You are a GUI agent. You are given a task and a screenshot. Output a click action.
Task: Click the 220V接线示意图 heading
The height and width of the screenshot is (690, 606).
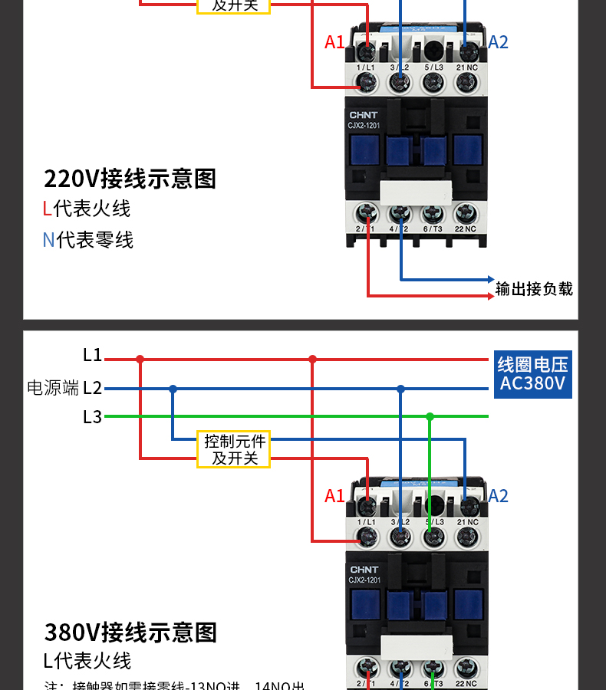click(130, 179)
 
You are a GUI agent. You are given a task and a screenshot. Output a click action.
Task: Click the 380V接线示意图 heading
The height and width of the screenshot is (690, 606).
click(130, 632)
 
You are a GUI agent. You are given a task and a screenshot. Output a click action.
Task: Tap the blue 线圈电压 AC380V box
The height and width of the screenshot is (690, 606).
click(532, 374)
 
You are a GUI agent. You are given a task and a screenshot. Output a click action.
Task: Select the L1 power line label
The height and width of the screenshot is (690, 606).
click(92, 355)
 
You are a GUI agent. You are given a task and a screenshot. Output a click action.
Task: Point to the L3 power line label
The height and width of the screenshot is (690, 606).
click(92, 417)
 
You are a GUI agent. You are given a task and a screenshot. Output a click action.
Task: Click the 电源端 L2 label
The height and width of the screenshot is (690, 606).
click(64, 388)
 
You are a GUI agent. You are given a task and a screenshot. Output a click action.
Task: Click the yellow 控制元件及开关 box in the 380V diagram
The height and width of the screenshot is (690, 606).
click(235, 450)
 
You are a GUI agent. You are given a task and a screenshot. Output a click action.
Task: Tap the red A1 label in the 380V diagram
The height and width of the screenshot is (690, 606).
click(334, 496)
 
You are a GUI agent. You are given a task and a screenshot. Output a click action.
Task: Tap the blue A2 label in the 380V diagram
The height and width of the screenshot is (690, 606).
click(498, 496)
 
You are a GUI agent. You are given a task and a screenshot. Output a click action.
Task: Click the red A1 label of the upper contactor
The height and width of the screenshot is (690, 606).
click(334, 42)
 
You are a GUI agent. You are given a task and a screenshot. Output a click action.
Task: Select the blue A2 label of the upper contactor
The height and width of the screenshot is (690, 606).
click(498, 42)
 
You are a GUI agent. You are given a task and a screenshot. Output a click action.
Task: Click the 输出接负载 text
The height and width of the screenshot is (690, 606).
click(534, 289)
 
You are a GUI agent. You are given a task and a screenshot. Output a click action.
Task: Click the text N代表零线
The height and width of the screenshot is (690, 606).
click(87, 240)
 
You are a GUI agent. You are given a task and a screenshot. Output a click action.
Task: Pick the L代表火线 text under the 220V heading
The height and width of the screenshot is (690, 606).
click(86, 209)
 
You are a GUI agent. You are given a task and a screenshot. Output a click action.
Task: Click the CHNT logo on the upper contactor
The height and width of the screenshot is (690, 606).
click(364, 115)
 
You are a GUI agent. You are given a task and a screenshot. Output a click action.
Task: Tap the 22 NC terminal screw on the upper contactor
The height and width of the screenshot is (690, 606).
click(466, 212)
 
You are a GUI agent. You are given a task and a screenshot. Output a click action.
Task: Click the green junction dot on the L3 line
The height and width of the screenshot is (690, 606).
click(430, 416)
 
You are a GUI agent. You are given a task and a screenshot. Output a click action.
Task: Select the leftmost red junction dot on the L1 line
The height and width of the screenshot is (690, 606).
click(140, 358)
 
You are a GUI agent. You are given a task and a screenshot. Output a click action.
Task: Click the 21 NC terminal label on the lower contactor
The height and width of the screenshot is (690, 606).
click(467, 521)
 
